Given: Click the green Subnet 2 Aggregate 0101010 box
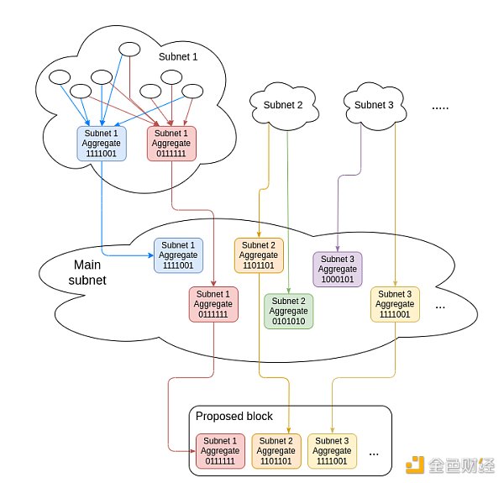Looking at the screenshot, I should tap(288, 311).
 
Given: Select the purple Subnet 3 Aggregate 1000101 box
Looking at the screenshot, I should tap(337, 269).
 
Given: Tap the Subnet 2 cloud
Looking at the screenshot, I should tap(283, 105).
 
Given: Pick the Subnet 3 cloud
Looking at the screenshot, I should tap(374, 105).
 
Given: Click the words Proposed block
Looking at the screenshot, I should tap(234, 417).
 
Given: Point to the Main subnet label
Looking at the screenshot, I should tap(87, 272).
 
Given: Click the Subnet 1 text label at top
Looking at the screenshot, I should tap(179, 56).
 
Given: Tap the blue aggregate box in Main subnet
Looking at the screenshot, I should tap(177, 255).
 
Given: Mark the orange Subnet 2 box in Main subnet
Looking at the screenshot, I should tap(258, 255).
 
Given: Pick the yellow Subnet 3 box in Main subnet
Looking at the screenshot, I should tap(394, 303).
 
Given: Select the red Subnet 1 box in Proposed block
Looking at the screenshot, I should tap(221, 451).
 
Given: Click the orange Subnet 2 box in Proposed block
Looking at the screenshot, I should tap(276, 451).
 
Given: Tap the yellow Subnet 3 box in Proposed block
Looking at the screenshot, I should tap(332, 451).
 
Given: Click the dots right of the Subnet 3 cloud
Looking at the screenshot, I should tap(442, 107).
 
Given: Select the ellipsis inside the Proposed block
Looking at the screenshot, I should tap(374, 454).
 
